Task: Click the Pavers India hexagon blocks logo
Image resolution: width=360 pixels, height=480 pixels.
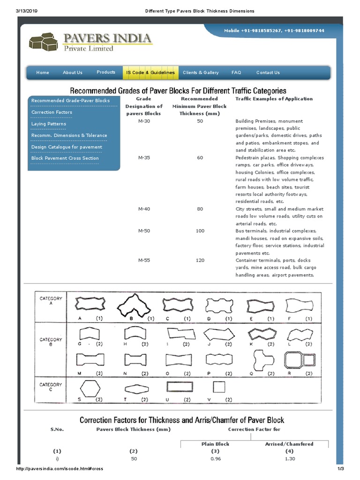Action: coord(43,41)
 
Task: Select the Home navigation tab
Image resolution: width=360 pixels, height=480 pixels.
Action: coord(43,73)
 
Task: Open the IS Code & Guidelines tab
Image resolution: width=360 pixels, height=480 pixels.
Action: coord(150,73)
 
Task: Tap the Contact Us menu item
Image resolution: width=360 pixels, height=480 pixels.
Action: coord(268,73)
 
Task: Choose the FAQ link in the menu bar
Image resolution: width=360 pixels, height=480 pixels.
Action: coord(236,73)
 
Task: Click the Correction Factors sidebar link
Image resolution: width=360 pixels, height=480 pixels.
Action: coord(52,112)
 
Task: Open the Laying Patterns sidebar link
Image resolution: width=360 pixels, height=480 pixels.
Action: coord(49,124)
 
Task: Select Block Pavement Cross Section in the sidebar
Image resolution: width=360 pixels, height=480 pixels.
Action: coord(65,158)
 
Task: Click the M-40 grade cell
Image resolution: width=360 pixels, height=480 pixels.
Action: coord(144,209)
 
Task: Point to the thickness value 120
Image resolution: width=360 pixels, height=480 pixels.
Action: coord(200,260)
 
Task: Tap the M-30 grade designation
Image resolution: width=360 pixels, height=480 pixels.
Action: coord(144,121)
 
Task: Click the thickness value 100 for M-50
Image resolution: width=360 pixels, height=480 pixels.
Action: coord(200,231)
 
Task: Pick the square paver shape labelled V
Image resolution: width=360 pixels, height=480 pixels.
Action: coord(218,387)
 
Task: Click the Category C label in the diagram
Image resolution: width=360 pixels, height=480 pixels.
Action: coord(51,387)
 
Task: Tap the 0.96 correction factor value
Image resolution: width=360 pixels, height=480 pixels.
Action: coord(215,459)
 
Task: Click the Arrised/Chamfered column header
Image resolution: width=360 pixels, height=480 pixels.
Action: coord(289,444)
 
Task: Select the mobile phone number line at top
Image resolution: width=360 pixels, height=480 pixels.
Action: coord(274,30)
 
